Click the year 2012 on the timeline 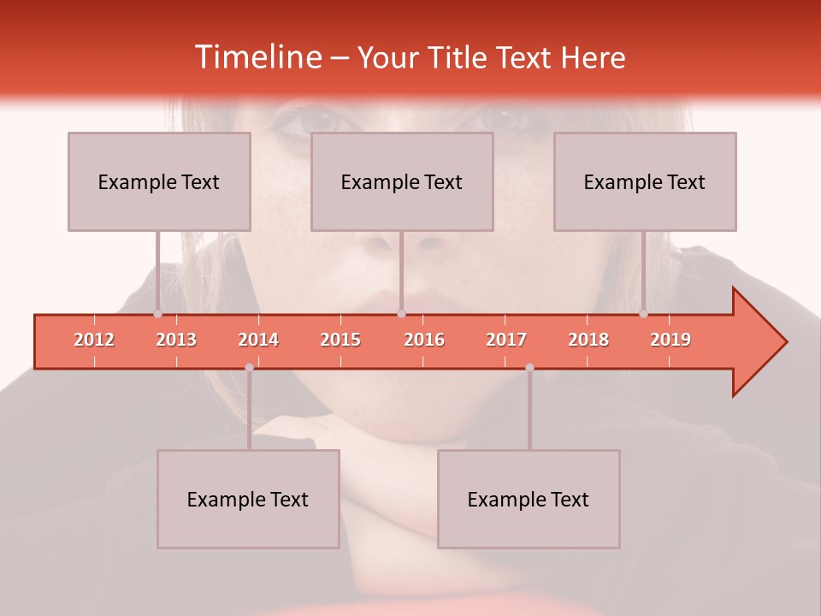pos(94,340)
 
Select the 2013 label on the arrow pos(176,340)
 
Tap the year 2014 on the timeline pos(258,340)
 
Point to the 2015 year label pos(340,340)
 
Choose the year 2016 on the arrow pos(424,340)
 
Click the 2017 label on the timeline pos(506,340)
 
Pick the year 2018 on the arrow pos(588,340)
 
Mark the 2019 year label pos(670,340)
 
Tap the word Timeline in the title pos(257,57)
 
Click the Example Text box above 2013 pos(159,181)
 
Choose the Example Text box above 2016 pos(402,181)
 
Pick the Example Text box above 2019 pos(645,181)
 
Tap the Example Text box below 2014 pos(248,499)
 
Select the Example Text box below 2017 pos(529,499)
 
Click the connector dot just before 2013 pos(157,313)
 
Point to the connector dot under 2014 pos(249,367)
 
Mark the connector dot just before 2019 pos(643,313)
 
